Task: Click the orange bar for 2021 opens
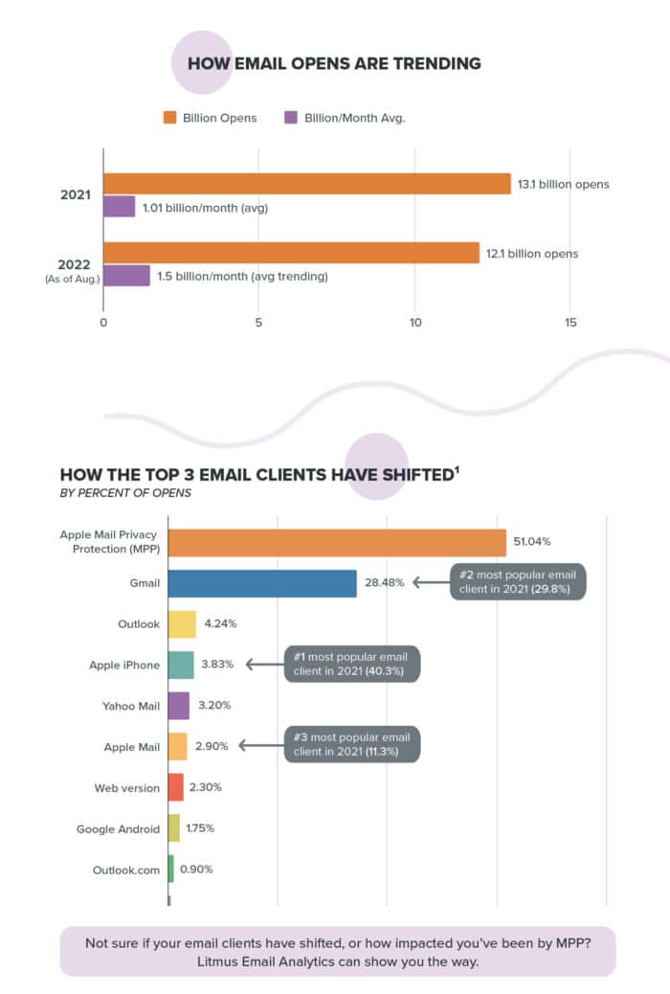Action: (306, 184)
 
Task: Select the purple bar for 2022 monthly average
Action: (126, 276)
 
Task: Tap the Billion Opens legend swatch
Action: (169, 118)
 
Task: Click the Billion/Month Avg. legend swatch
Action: (291, 118)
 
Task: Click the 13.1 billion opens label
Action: (563, 184)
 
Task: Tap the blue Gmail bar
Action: (262, 582)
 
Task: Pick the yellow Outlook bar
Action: (182, 623)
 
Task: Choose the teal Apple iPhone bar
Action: (181, 665)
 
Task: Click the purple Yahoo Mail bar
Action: (179, 706)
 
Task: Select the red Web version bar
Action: (176, 787)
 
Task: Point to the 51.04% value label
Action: (532, 542)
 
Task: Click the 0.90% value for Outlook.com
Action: (196, 870)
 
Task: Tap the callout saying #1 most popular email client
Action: (353, 664)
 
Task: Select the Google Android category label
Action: (118, 828)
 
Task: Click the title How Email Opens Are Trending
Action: (334, 64)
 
